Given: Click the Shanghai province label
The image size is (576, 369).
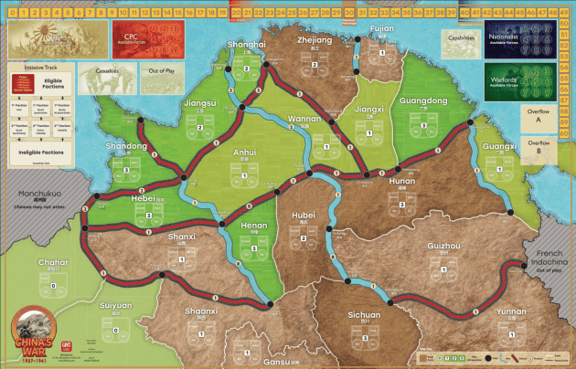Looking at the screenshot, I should tap(248, 44).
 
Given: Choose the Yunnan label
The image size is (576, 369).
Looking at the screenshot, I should tap(510, 311).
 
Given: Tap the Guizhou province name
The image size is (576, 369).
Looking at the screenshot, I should tap(443, 247).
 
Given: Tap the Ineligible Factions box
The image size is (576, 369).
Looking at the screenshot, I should tap(40, 153).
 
